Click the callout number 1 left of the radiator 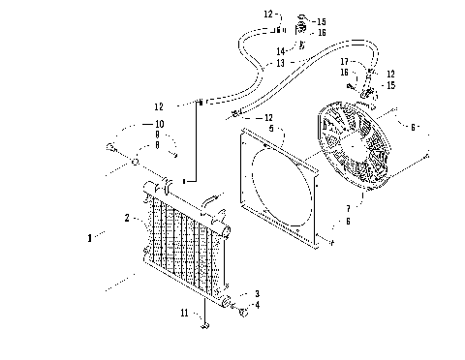pyautogui.click(x=90, y=236)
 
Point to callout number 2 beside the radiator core pyautogui.click(x=127, y=219)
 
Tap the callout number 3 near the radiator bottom pyautogui.click(x=257, y=292)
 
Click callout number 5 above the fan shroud pyautogui.click(x=270, y=127)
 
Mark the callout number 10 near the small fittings pyautogui.click(x=160, y=125)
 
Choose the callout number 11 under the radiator pyautogui.click(x=183, y=313)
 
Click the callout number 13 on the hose pyautogui.click(x=280, y=63)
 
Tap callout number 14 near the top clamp pyautogui.click(x=280, y=51)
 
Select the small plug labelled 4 pyautogui.click(x=243, y=312)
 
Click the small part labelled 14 pyautogui.click(x=302, y=46)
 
